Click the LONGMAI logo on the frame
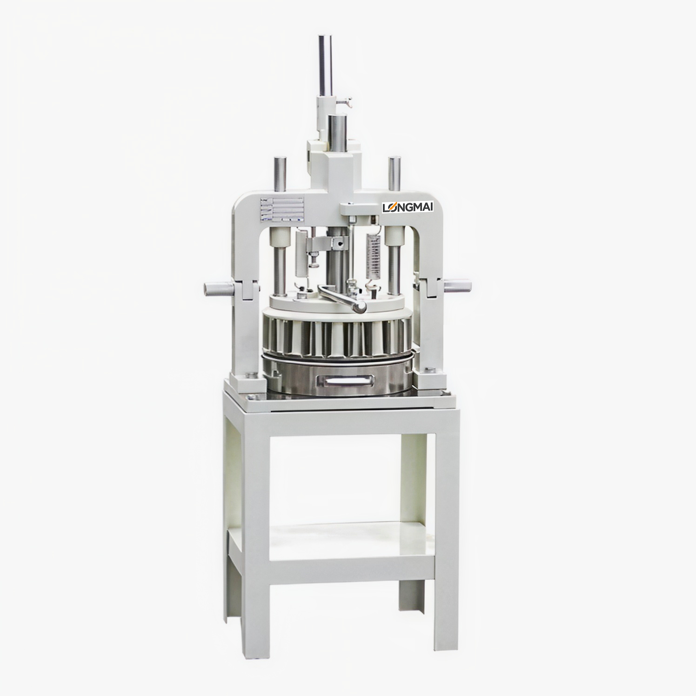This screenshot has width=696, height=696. pyautogui.click(x=408, y=207)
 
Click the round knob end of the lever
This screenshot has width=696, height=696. pyautogui.click(x=360, y=307)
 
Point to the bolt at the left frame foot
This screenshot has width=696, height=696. pyautogui.click(x=252, y=374)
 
